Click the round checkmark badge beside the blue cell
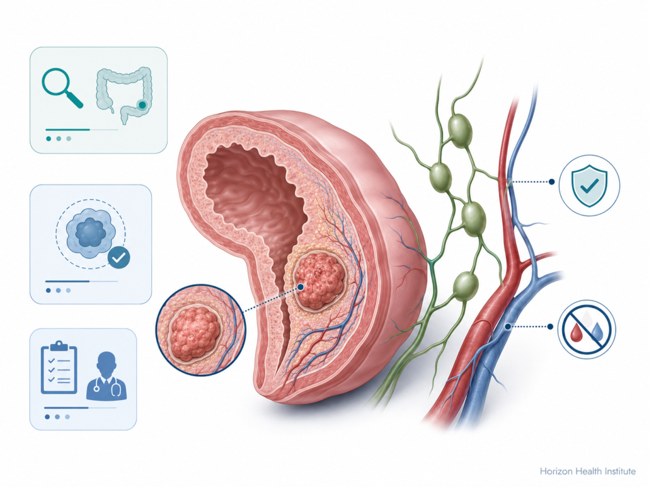pyautogui.click(x=119, y=258)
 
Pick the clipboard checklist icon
pyautogui.click(x=59, y=367)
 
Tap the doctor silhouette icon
pyautogui.click(x=106, y=376)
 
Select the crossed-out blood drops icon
pyautogui.click(x=587, y=329)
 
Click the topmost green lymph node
pyautogui.click(x=460, y=129)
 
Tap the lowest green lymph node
pyautogui.click(x=466, y=285)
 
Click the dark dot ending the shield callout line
pyautogui.click(x=551, y=181)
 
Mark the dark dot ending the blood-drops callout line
pyautogui.click(x=550, y=327)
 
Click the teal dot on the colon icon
pyautogui.click(x=142, y=105)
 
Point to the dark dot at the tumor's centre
pyautogui.click(x=300, y=287)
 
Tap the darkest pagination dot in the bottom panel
pyautogui.click(x=47, y=417)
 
